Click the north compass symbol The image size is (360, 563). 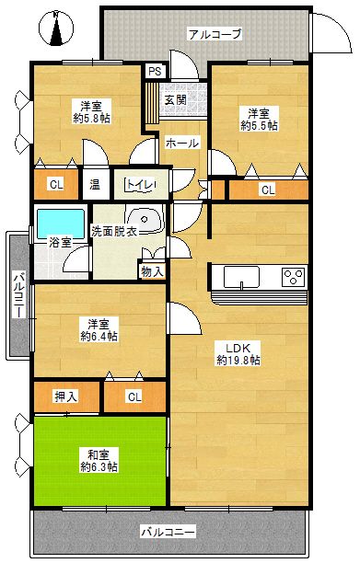56,29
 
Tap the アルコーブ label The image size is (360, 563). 215,34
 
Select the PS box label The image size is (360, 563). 155,71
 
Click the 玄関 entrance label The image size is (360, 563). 175,100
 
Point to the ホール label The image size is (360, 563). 181,144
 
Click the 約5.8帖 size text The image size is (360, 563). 91,119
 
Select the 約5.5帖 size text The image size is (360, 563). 259,126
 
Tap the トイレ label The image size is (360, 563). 140,185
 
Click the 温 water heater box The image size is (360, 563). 96,185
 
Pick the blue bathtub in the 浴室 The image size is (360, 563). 61,224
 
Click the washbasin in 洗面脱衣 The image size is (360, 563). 145,218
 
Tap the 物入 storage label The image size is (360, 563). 152,271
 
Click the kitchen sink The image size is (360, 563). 241,277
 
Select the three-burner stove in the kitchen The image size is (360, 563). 293,277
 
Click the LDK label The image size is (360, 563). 238,348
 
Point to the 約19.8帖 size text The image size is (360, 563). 238,360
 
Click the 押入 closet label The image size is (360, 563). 65,396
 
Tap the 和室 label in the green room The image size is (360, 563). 99,455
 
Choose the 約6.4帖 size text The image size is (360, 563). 99,337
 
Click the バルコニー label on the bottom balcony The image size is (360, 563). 168,532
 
